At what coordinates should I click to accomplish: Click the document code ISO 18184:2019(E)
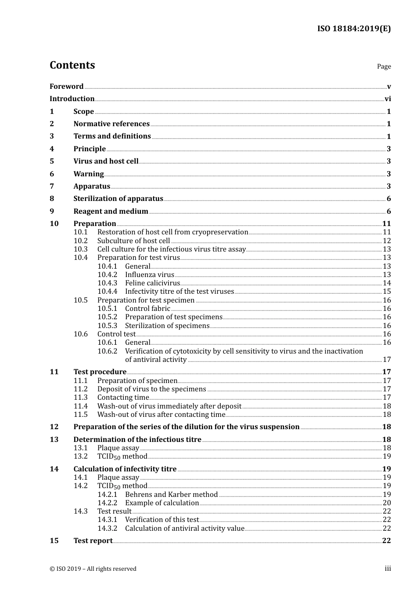(x=354, y=29)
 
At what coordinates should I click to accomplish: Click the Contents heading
(x=72, y=65)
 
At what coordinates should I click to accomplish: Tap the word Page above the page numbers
(x=384, y=66)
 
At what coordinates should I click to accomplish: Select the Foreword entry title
(x=66, y=87)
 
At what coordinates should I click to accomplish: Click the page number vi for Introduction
(x=388, y=99)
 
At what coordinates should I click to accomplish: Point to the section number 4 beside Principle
(x=52, y=149)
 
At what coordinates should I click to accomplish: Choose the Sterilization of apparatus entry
(x=118, y=199)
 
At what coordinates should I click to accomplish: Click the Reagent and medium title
(x=111, y=212)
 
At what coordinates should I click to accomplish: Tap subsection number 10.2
(x=80, y=241)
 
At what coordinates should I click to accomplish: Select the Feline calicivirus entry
(x=152, y=283)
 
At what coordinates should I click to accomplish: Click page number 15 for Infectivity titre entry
(x=387, y=292)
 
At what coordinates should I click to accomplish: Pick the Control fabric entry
(x=147, y=309)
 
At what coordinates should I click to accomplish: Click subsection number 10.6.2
(x=107, y=351)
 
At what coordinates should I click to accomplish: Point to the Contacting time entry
(x=123, y=398)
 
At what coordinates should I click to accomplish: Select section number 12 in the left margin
(x=54, y=427)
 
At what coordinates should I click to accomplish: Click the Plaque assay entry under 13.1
(x=118, y=448)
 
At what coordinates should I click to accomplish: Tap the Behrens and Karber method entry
(x=171, y=495)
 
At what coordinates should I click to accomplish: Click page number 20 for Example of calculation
(x=387, y=503)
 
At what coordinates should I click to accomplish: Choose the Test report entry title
(x=93, y=541)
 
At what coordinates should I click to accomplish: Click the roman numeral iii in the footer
(x=388, y=569)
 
